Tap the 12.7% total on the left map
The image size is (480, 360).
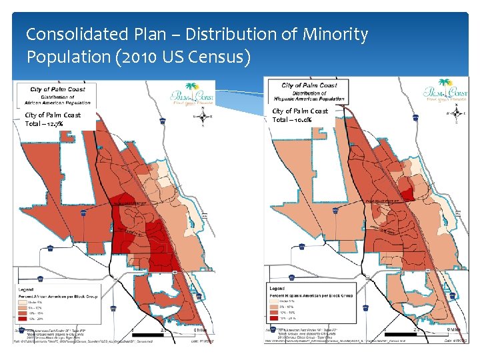point(53,123)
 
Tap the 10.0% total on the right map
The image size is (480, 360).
point(300,119)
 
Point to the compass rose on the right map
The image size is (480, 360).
point(455,113)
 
